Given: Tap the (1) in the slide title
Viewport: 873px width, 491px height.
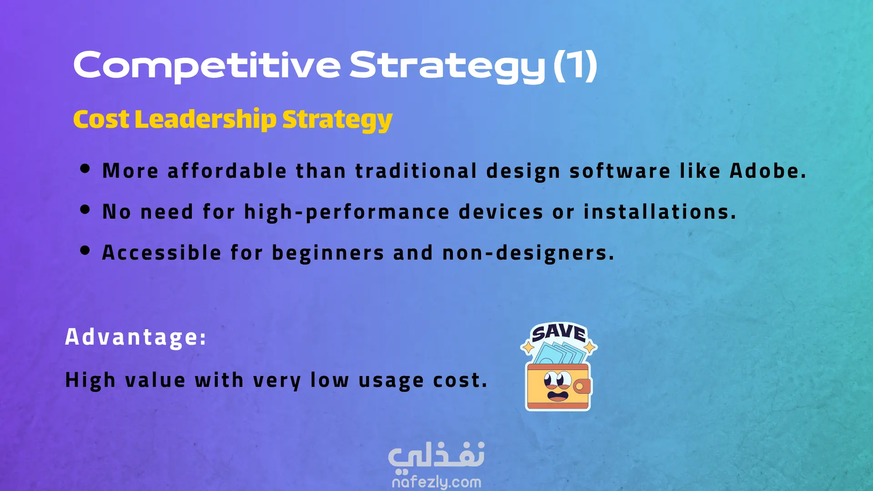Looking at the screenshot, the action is pos(575,65).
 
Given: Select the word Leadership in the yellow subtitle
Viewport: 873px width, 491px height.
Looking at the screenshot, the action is pos(206,120).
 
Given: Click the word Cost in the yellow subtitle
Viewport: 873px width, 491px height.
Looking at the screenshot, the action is pos(101,120).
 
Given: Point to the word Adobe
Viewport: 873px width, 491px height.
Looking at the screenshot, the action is pos(768,171).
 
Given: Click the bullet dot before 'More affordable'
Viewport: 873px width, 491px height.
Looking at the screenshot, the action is pos(85,169).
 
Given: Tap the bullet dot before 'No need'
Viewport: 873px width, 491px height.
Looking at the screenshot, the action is pos(85,210).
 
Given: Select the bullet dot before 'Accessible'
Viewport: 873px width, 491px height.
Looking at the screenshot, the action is pos(85,251).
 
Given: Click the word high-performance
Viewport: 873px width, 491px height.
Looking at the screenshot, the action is pos(347,212).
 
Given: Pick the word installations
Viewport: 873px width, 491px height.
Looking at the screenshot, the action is pos(660,212).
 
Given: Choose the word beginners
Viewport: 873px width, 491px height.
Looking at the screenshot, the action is pos(328,253).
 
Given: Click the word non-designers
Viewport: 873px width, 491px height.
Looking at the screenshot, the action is pos(528,253).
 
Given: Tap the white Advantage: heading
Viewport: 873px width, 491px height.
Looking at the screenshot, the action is pos(136,337).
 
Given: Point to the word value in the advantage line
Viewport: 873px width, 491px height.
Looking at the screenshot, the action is pos(156,380).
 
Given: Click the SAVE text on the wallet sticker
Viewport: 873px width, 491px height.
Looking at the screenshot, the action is pos(559,332).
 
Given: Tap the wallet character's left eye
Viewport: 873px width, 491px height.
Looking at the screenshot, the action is pos(551,379).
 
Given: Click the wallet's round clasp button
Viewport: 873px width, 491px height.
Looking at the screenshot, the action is pos(580,386).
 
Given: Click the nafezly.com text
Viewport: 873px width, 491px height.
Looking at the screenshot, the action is pos(436,482).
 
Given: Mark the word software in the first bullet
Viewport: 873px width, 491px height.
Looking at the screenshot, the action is pos(620,171).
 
